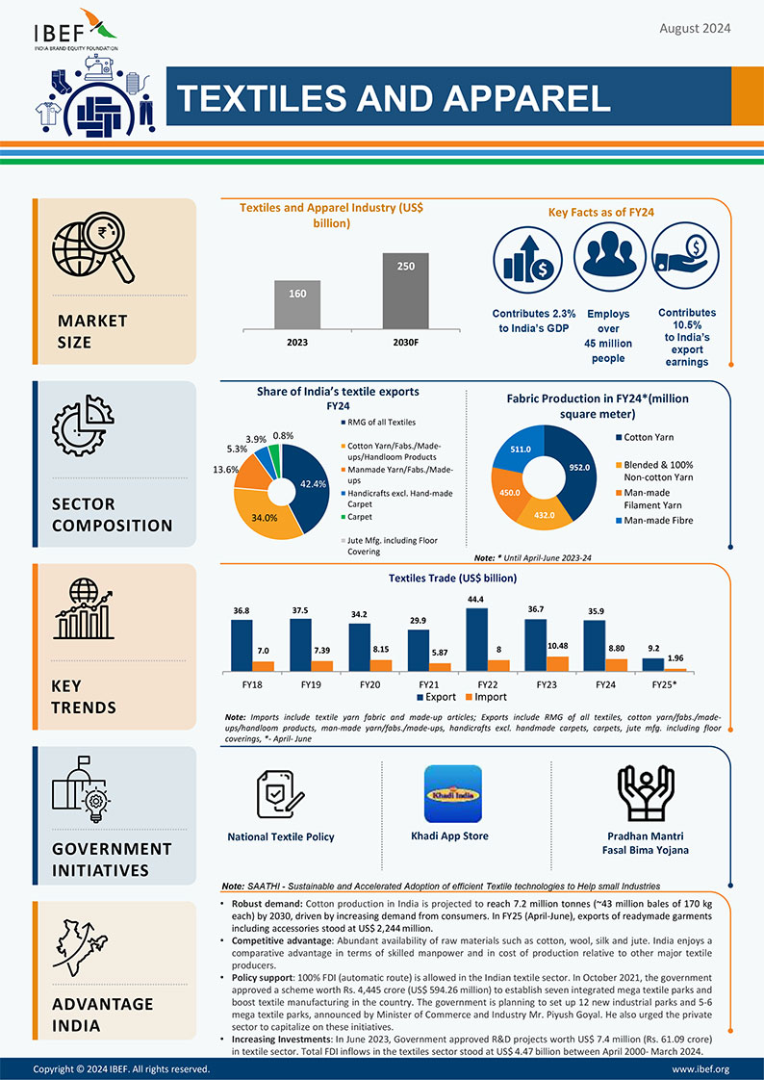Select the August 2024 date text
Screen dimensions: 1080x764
(695, 28)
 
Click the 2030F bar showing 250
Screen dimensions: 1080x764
(405, 289)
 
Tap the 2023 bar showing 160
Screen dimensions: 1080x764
(297, 303)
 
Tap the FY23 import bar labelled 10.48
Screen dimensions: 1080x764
(556, 663)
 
